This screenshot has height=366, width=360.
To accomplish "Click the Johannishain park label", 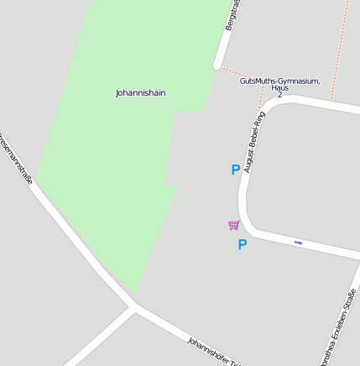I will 140,93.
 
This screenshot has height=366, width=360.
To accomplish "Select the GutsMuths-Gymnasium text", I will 279,81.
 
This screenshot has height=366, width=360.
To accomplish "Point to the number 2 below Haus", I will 279,95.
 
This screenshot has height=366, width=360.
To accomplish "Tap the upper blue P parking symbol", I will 236,170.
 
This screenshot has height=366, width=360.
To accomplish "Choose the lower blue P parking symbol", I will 243,245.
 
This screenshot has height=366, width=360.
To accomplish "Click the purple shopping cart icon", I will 233,225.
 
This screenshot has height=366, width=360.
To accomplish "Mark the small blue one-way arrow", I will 298,243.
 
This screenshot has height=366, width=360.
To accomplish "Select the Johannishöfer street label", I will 213,352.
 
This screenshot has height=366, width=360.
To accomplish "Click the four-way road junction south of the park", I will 134,306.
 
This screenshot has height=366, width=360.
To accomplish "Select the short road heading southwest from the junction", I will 101,336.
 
